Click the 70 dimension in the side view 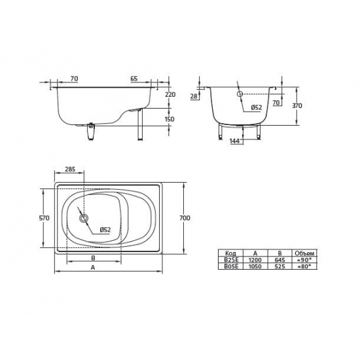[74, 79]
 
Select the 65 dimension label [134, 79]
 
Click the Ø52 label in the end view [257, 107]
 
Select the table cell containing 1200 [254, 260]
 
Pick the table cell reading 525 [279, 266]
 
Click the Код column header [230, 253]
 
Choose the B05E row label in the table [230, 266]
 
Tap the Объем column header [305, 253]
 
